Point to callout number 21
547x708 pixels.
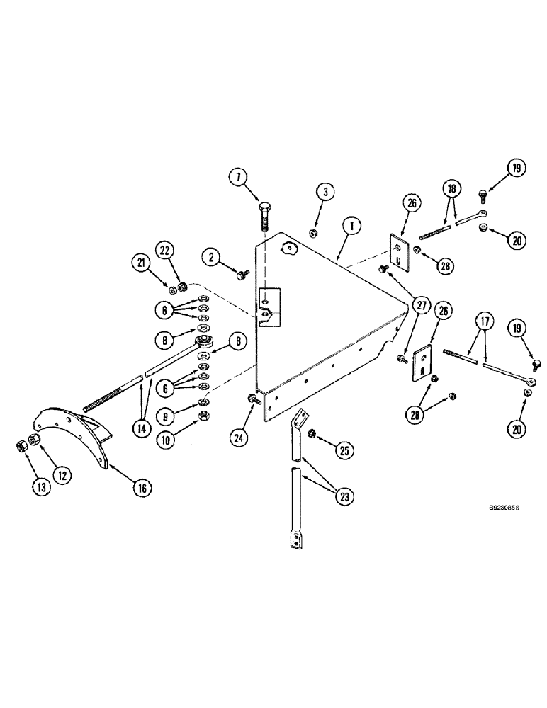[x=142, y=263]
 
